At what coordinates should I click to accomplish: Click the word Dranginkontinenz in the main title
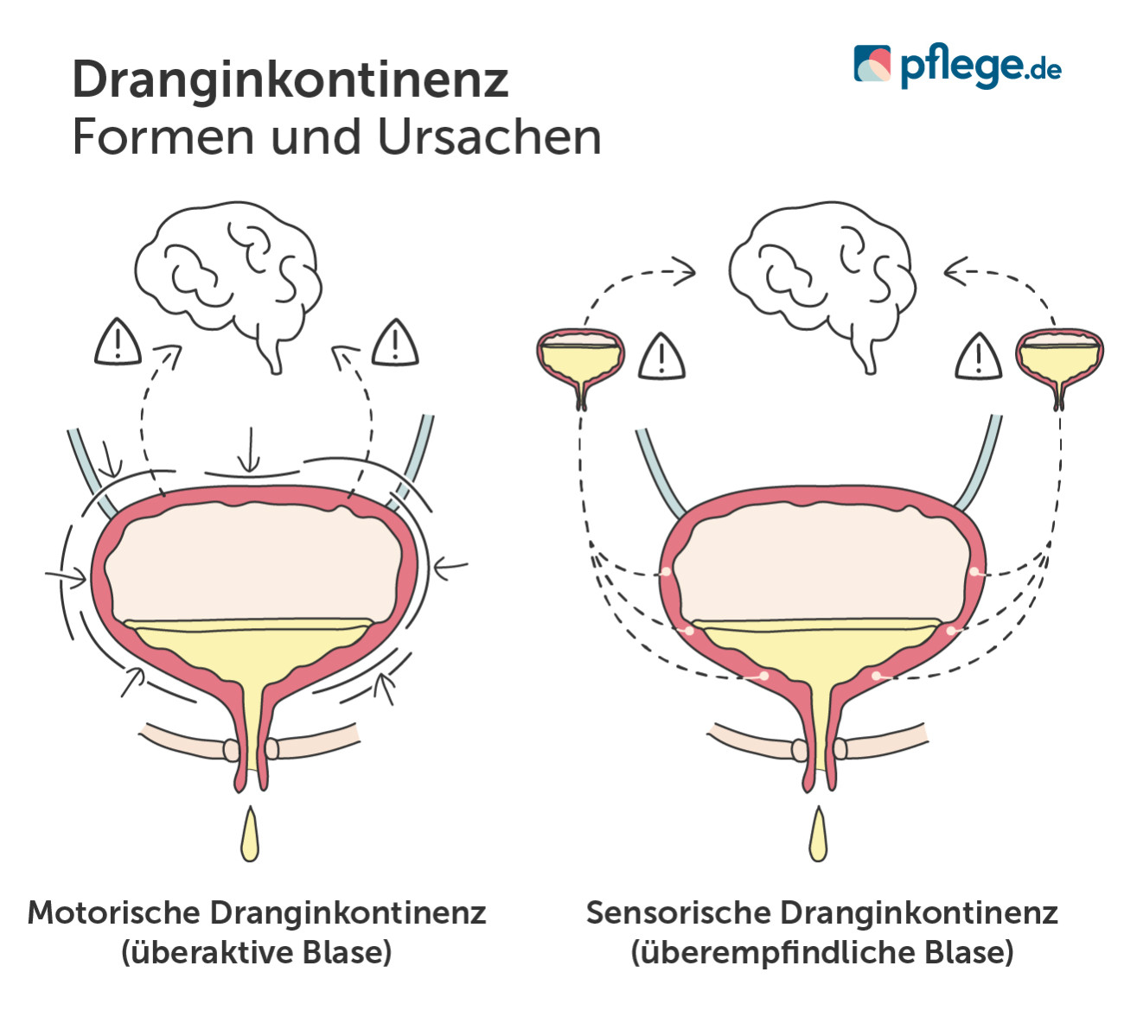tap(290, 79)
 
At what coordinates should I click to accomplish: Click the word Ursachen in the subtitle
tap(489, 137)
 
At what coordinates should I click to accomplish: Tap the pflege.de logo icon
tap(872, 64)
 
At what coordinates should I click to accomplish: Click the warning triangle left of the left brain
tap(118, 343)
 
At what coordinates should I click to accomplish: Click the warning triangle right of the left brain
tap(395, 344)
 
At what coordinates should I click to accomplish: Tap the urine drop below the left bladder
tap(249, 836)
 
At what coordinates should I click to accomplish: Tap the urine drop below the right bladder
tap(818, 836)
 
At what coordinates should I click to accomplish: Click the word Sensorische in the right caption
tap(679, 912)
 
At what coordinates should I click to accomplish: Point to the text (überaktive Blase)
tap(257, 952)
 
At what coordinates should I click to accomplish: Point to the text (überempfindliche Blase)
tap(821, 952)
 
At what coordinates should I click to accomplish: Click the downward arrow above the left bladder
tap(249, 448)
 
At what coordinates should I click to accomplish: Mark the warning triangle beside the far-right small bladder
tap(978, 358)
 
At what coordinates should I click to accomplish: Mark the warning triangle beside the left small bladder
tap(661, 358)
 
